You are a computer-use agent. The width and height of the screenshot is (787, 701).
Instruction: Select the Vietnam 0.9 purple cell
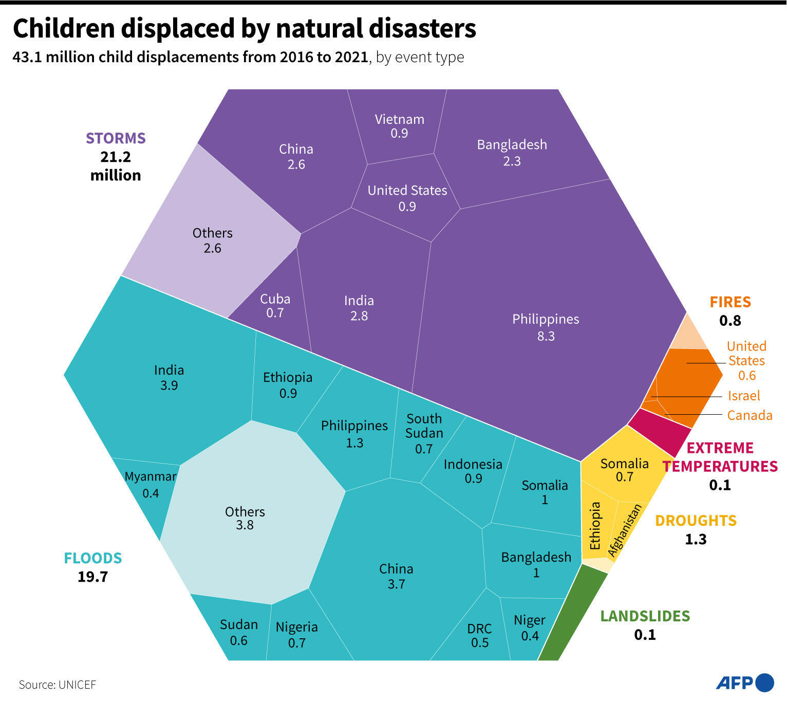coord(400,126)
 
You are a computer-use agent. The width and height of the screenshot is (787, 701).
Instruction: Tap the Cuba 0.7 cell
coord(275,305)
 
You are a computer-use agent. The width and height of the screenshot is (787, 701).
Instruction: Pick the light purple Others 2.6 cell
coord(212,240)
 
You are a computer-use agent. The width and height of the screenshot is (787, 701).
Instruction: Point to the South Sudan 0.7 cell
coord(424,433)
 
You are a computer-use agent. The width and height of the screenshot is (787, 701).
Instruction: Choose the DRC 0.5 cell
coord(479,635)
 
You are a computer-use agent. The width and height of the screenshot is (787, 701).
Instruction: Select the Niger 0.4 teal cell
coord(529,627)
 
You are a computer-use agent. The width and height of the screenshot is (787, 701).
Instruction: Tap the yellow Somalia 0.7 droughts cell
coord(624,470)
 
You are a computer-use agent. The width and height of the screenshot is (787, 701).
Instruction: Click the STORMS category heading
coord(116,138)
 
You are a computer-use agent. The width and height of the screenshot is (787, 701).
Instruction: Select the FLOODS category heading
coord(92,558)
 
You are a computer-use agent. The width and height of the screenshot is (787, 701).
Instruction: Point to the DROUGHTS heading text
coord(696,521)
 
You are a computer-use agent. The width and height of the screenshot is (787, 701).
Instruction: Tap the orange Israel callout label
coord(743,396)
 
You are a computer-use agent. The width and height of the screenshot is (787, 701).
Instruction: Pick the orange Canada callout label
coord(749,415)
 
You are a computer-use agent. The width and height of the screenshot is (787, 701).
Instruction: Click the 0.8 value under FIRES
coord(729,321)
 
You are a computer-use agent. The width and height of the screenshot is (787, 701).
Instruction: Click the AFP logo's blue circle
coord(765,682)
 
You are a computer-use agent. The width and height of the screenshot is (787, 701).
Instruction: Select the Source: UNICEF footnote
coord(58,685)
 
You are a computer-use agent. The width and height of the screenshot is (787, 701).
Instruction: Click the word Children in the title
coord(64,29)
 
